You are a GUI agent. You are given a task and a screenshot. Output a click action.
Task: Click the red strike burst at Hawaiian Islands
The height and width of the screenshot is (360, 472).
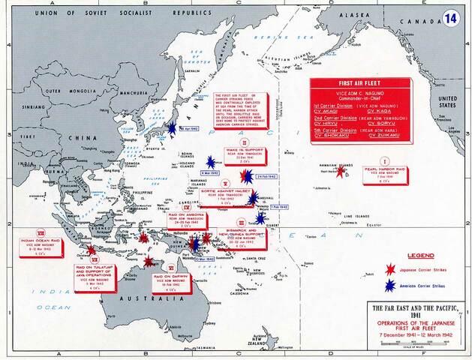[341, 171]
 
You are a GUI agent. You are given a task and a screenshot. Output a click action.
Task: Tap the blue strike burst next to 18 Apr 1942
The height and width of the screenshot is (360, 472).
[174, 129]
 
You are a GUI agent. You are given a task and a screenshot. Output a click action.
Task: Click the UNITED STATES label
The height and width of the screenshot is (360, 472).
[448, 101]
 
